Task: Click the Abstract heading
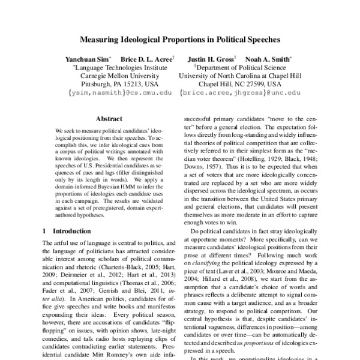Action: (109, 119)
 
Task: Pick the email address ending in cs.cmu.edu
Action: (112, 94)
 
